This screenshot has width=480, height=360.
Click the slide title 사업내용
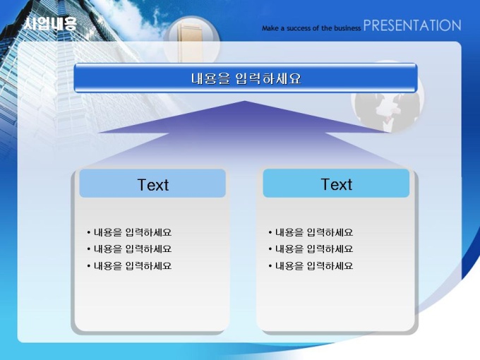tap(50, 23)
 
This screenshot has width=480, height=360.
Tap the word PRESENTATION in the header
tap(412, 25)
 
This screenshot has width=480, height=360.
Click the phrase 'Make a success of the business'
tap(311, 28)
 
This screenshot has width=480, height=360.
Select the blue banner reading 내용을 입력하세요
tap(246, 78)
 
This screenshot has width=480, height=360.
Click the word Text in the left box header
tap(152, 185)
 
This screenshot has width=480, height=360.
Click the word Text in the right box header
tap(337, 185)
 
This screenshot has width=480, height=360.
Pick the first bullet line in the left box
tap(129, 233)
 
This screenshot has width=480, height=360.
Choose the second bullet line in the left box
tap(129, 249)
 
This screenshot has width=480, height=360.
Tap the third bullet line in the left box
tap(129, 265)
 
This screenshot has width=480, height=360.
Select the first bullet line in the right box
tap(311, 233)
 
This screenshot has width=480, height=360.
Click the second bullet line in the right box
tap(311, 249)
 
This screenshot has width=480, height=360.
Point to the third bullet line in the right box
tap(311, 265)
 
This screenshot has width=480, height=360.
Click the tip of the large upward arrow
tap(245, 101)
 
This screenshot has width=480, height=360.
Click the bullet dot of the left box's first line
tap(88, 233)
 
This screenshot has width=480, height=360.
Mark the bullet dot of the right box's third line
tap(270, 266)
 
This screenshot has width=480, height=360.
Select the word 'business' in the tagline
tap(347, 28)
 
